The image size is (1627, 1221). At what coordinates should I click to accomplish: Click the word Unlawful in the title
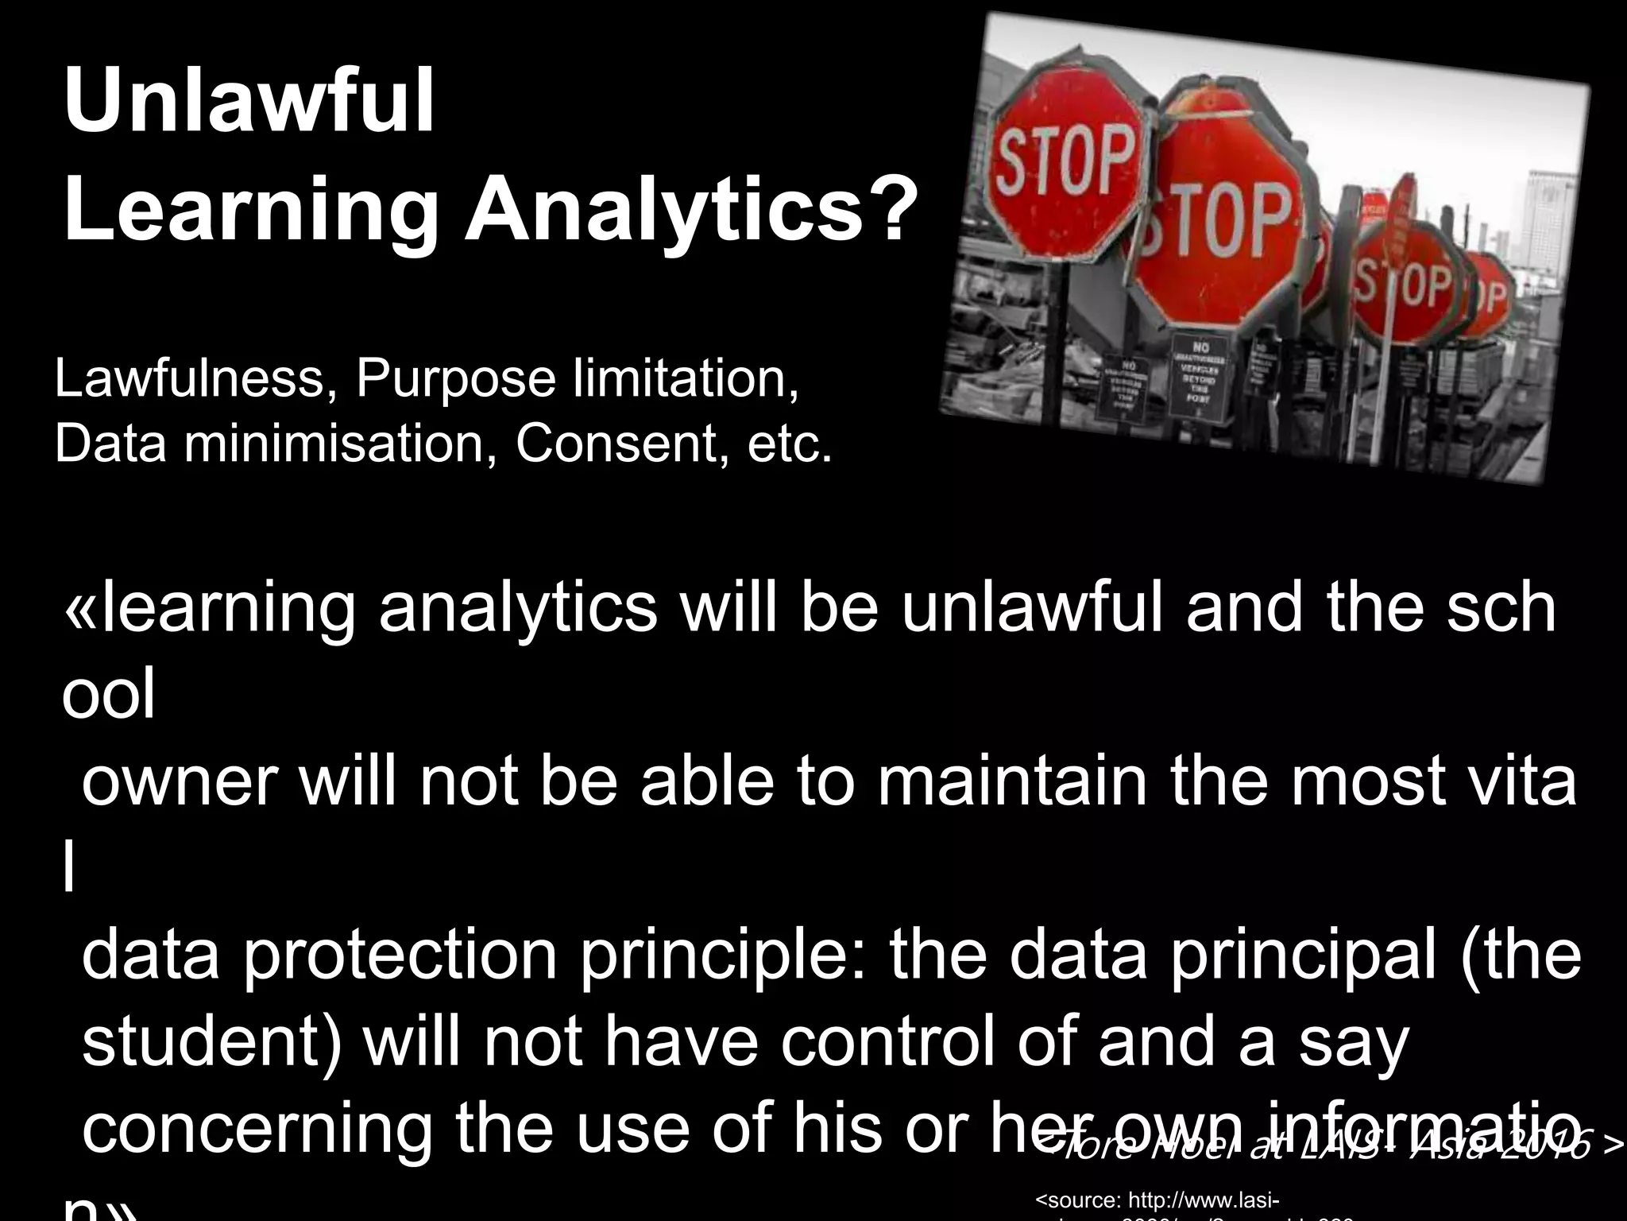click(249, 103)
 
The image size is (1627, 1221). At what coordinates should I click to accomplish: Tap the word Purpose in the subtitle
click(456, 380)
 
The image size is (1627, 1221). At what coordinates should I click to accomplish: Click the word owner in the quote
click(180, 782)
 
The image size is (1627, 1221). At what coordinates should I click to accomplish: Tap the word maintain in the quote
click(1012, 782)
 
